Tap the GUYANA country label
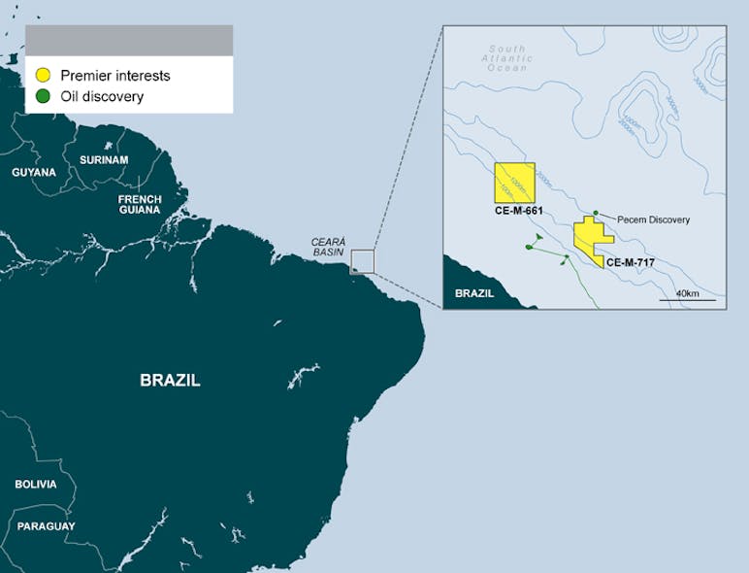[34, 172]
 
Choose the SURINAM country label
[104, 159]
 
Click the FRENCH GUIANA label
[140, 204]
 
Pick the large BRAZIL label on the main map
[170, 381]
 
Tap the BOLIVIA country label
[36, 485]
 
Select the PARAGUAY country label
[46, 526]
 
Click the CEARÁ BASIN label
[328, 247]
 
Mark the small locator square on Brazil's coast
[362, 261]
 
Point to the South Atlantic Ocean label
[507, 57]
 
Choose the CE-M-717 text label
[631, 262]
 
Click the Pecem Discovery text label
[653, 220]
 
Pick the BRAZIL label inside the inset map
[474, 292]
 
